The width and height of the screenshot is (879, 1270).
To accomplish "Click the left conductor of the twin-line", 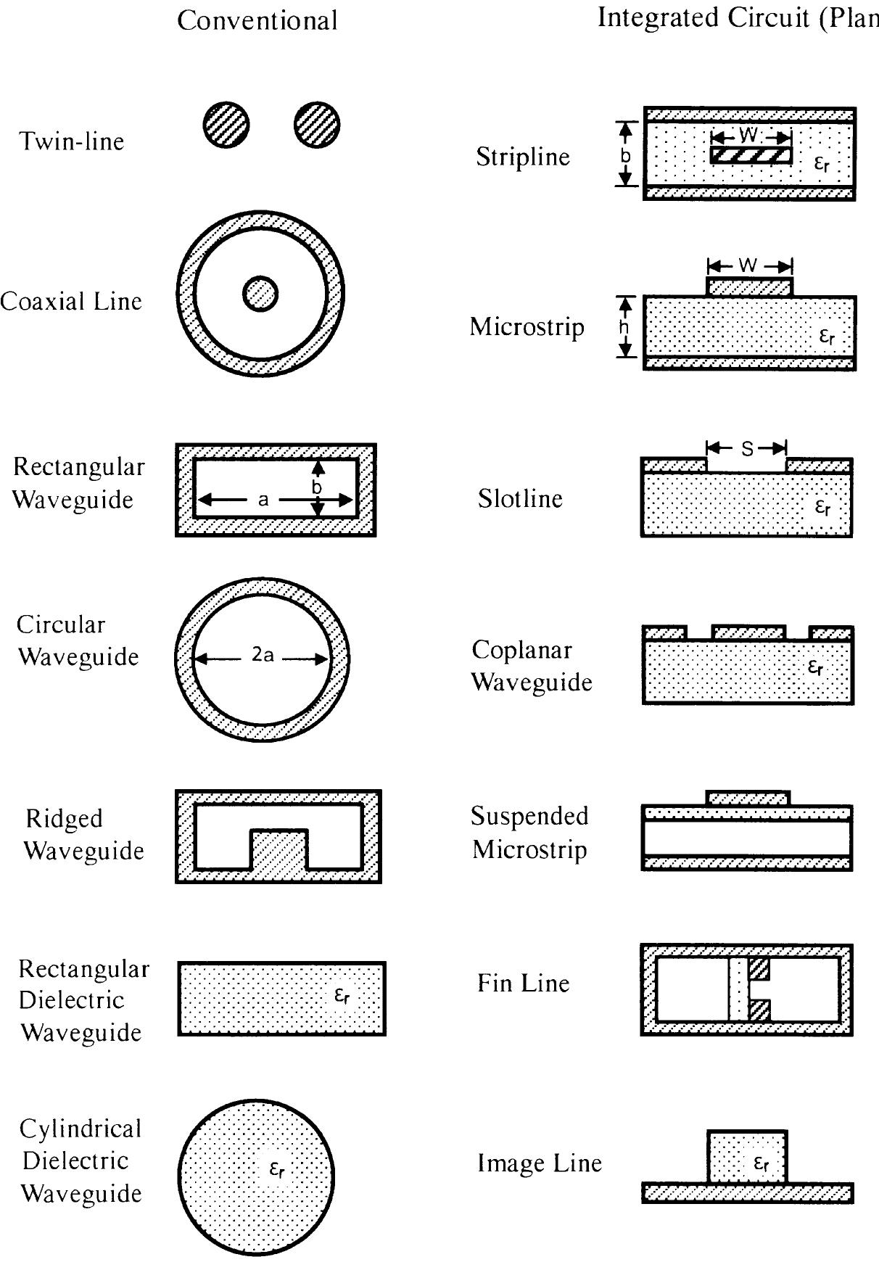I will pyautogui.click(x=226, y=125).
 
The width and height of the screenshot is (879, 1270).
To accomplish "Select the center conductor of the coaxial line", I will pyautogui.click(x=260, y=294).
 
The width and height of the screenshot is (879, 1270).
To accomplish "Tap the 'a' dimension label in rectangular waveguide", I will pyautogui.click(x=263, y=500).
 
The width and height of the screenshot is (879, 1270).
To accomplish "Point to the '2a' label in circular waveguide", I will pyautogui.click(x=263, y=655).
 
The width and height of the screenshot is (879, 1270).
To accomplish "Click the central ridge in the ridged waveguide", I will pyautogui.click(x=278, y=849).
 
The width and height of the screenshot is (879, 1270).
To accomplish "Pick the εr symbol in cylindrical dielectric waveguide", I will pyautogui.click(x=277, y=1168).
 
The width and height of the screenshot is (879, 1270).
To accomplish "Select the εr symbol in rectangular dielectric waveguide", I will pyautogui.click(x=342, y=996).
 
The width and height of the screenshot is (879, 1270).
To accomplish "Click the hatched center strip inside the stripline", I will pyautogui.click(x=751, y=155).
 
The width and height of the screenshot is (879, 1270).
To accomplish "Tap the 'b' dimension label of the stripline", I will pyautogui.click(x=627, y=155).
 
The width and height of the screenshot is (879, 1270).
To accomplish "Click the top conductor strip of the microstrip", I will pyautogui.click(x=750, y=287).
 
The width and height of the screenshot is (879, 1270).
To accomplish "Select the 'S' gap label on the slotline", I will pyautogui.click(x=748, y=449).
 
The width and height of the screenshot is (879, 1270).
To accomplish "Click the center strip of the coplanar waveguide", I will pyautogui.click(x=748, y=633).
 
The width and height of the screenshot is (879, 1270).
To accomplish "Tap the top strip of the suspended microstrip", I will pyautogui.click(x=748, y=799).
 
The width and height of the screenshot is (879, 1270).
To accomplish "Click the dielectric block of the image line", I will pyautogui.click(x=747, y=1155).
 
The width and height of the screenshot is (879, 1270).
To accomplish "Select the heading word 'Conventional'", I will pyautogui.click(x=257, y=20).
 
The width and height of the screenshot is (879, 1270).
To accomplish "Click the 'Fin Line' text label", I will pyautogui.click(x=523, y=984).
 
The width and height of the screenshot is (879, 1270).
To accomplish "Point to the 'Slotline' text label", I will pyautogui.click(x=520, y=499).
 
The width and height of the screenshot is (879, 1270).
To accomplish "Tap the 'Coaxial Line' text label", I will pyautogui.click(x=71, y=301).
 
